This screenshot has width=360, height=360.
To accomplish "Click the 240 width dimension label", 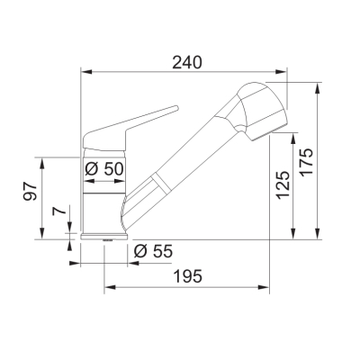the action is tap(187, 63).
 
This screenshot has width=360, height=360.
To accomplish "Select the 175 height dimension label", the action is tap(307, 162).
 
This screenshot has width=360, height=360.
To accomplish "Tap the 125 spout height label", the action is tap(283, 185).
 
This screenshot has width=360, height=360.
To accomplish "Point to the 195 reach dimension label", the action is tap(188, 276).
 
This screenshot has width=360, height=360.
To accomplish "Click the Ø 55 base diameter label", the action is tap(153, 251).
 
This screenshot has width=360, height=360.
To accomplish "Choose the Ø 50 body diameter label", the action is tap(104, 168).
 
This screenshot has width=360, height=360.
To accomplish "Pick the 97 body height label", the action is tap(31, 191).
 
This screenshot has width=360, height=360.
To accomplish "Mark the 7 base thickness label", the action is tap(59, 211).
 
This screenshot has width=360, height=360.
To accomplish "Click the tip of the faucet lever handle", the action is tap(177, 107).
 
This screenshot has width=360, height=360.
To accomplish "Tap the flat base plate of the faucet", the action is tap(104, 237).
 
